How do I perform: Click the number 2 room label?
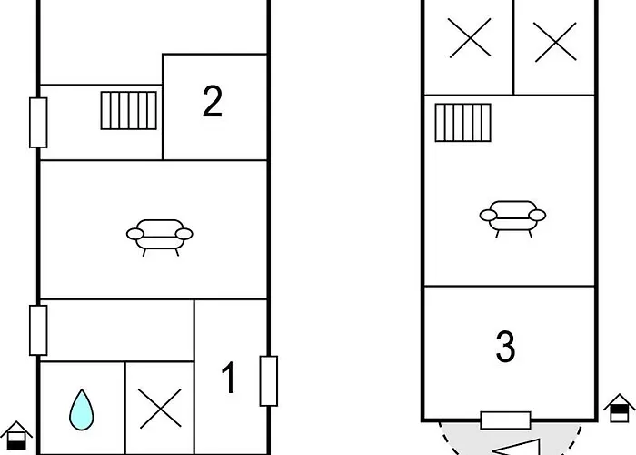[212, 102]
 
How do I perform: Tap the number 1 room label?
[229, 378]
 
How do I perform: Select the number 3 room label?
[505, 346]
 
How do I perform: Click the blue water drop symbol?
[82, 409]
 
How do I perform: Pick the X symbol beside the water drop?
[160, 409]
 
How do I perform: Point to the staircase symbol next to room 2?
[129, 110]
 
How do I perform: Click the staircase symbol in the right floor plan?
[462, 123]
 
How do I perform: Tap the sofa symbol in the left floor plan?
[159, 238]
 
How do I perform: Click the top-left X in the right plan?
[470, 38]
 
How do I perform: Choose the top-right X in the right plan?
[555, 42]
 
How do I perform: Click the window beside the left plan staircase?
[38, 123]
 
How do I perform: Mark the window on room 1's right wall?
[269, 381]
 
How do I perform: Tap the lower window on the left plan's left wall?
[38, 330]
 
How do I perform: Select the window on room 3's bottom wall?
[505, 420]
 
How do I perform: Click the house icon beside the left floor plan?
[16, 436]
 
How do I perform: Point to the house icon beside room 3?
[620, 408]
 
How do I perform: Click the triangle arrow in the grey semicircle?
[517, 448]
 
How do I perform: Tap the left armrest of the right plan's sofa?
[489, 216]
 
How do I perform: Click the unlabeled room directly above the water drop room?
[117, 330]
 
